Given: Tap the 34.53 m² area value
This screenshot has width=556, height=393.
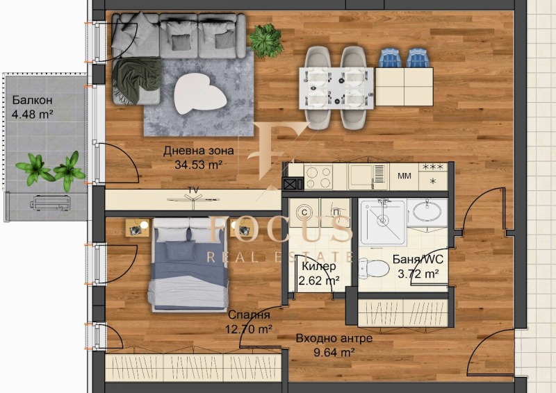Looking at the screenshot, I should [199, 165].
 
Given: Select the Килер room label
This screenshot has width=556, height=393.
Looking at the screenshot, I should [318, 267].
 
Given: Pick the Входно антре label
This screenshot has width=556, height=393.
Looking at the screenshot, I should [334, 338].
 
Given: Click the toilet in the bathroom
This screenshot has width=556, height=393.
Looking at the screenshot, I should [376, 267].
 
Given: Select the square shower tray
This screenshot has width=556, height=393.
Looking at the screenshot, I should [382, 221].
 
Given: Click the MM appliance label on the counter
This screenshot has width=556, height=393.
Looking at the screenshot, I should [404, 176].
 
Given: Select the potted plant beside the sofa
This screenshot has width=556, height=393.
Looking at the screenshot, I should [265, 40].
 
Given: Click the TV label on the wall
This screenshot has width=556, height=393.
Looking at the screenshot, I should [193, 190].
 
